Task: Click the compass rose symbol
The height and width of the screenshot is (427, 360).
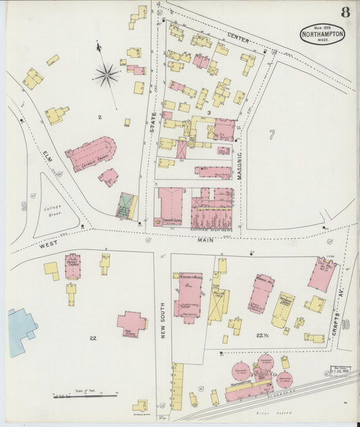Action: (x=106, y=74)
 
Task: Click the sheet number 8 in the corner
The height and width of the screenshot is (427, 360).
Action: (x=345, y=12)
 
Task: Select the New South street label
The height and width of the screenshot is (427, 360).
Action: (x=163, y=318)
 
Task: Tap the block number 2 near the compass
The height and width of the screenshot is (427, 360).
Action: (x=99, y=118)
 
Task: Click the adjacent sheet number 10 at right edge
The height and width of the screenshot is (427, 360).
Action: (x=345, y=325)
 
